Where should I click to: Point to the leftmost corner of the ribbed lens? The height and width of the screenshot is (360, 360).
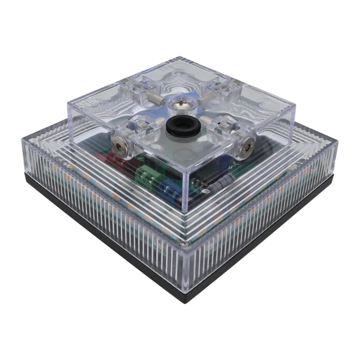click(x=22, y=137)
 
